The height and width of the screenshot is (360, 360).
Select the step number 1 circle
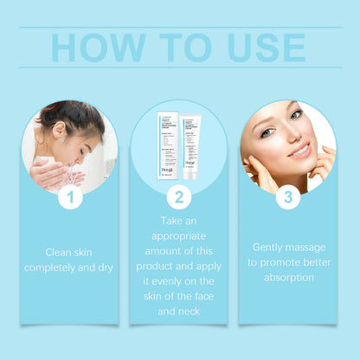(x=70, y=198)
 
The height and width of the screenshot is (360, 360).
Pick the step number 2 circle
(x=179, y=198)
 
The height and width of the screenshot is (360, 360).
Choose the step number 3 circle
(x=287, y=198)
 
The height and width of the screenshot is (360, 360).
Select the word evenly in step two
(x=165, y=279)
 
